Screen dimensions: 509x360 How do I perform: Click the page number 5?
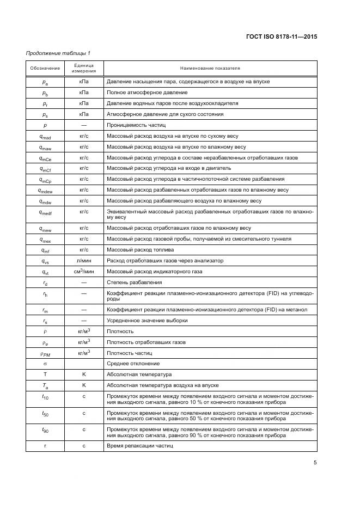click(x=315, y=463)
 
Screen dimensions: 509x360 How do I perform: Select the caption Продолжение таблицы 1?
click(x=58, y=53)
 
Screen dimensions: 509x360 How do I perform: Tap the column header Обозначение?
click(x=45, y=68)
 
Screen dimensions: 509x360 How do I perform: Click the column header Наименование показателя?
click(x=210, y=68)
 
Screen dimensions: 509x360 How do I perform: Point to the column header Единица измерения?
click(x=84, y=68)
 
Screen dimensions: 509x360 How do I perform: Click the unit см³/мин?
click(x=84, y=272)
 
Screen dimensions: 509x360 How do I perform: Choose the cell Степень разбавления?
click(x=134, y=283)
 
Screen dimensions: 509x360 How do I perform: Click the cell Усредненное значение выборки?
click(x=147, y=321)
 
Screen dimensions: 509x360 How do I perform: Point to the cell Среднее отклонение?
click(x=133, y=364)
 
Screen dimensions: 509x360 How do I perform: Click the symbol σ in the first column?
click(x=45, y=364)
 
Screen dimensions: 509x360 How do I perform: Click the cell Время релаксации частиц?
click(x=139, y=446)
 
